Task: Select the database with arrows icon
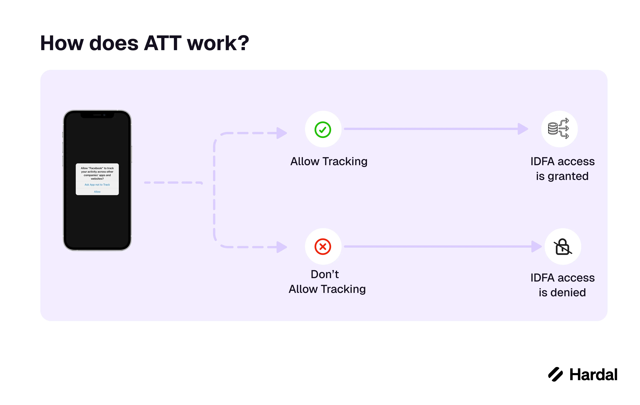pyautogui.click(x=558, y=129)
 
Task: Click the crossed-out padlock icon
pyautogui.click(x=563, y=247)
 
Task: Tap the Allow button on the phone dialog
pyautogui.click(x=97, y=192)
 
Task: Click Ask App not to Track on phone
pyautogui.click(x=97, y=185)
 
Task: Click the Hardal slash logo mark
pyautogui.click(x=556, y=374)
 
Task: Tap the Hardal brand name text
pyautogui.click(x=593, y=375)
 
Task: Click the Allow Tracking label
pyautogui.click(x=329, y=161)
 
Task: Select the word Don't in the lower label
pyautogui.click(x=325, y=274)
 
